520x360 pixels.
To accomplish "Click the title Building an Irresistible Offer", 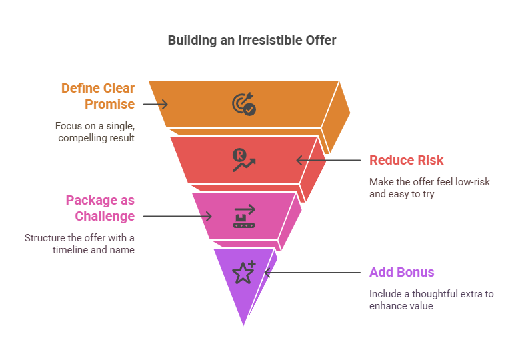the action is pos(252,41).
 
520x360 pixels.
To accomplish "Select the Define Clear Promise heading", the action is pos(98,96).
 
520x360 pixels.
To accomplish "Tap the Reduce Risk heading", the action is pos(406,160).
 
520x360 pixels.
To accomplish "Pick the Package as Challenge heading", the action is pos(100,208).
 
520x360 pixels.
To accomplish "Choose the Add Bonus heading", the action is pos(401,272).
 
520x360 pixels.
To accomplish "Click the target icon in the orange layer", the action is pos(244,104).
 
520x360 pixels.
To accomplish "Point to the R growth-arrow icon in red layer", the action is pos(244,160).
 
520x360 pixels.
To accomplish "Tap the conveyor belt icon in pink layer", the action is pos(244,216).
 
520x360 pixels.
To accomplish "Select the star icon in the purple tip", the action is pos(244,272).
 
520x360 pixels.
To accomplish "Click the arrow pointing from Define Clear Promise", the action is pos(155,104).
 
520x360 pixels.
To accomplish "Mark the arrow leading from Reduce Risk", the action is pos(328,161).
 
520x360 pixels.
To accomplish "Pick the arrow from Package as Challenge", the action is pos(177,217).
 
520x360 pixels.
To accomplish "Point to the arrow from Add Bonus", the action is pos(313,273).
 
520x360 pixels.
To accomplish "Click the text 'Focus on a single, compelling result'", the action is pos(95,132).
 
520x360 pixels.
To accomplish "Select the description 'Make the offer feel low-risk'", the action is pos(429,182).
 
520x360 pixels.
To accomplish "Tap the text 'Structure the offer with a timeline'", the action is pos(79,243).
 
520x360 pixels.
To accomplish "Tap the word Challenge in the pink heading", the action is pos(105,216).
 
